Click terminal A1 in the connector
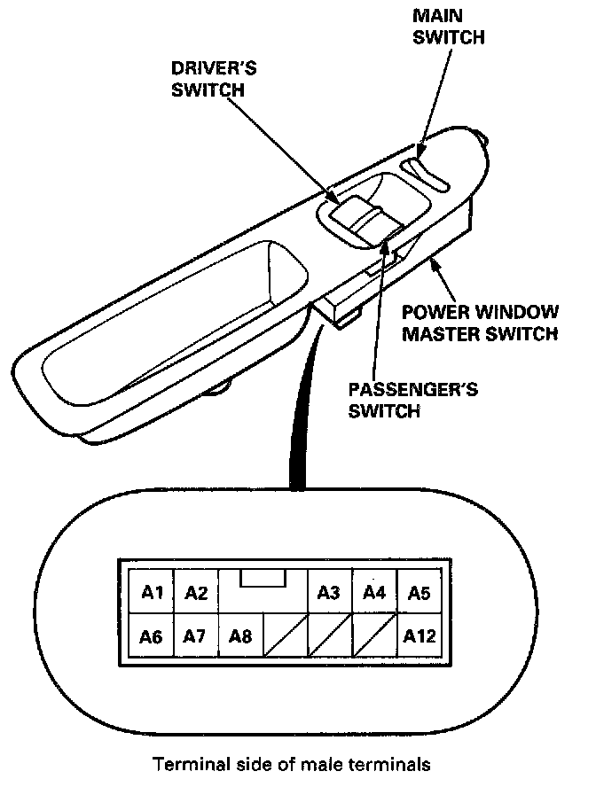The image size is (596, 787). [152, 593]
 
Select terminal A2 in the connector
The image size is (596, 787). [196, 593]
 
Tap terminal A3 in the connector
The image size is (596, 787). [329, 593]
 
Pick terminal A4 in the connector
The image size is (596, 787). [373, 593]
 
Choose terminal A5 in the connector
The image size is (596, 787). [418, 593]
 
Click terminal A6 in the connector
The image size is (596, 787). [152, 635]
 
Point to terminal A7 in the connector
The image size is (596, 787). [196, 635]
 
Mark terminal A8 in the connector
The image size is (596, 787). [240, 635]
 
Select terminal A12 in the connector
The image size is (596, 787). [418, 635]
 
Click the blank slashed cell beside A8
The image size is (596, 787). [285, 635]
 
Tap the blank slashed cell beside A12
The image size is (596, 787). [373, 635]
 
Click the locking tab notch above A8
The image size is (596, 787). [263, 578]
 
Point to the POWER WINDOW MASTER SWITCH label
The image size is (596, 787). [480, 323]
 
